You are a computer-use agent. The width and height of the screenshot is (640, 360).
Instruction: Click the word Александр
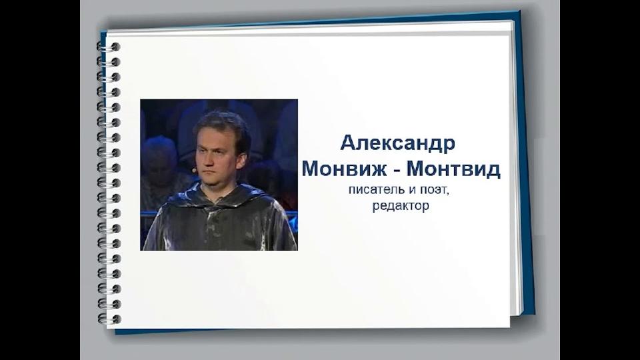point(397,143)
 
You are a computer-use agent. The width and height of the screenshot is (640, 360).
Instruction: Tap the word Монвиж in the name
point(344,168)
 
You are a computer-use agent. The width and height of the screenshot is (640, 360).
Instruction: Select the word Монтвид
point(453,168)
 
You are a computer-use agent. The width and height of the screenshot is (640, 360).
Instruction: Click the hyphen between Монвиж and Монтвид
point(396,170)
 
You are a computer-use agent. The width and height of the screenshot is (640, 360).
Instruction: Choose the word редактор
point(401,206)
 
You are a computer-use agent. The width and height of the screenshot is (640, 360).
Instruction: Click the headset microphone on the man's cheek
point(195,168)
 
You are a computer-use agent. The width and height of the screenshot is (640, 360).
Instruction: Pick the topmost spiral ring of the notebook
point(108,47)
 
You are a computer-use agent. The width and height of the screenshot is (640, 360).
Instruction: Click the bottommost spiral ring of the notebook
point(109,319)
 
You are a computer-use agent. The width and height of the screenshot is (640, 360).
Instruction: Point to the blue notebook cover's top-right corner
point(519,11)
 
